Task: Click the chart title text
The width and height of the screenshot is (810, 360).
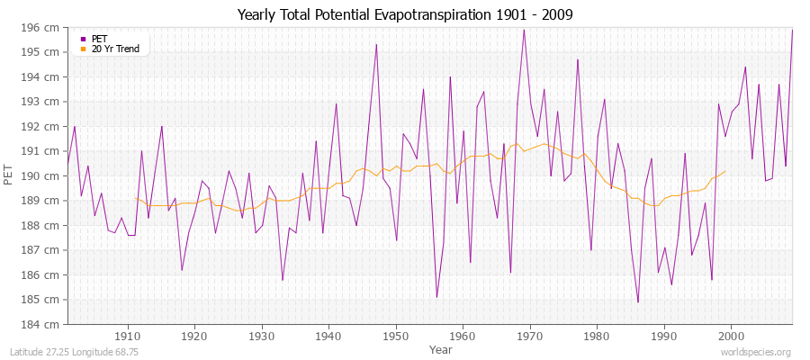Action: pyautogui.click(x=405, y=15)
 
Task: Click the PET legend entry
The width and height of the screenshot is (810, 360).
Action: pyautogui.click(x=99, y=39)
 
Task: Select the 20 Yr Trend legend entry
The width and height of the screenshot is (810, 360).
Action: pyautogui.click(x=115, y=49)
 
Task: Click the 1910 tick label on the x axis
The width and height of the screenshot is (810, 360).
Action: pyautogui.click(x=128, y=335)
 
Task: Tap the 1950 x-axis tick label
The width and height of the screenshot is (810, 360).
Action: pyautogui.click(x=396, y=335)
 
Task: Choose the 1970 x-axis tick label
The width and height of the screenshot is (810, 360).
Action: pyautogui.click(x=530, y=335)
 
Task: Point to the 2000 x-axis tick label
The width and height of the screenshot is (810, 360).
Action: pyautogui.click(x=731, y=335)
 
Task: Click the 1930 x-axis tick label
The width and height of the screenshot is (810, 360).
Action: pyautogui.click(x=262, y=335)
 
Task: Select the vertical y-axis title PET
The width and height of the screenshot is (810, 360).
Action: pyautogui.click(x=10, y=175)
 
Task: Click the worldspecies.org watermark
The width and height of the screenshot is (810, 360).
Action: pyautogui.click(x=755, y=351)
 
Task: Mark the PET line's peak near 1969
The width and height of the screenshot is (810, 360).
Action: pyautogui.click(x=524, y=30)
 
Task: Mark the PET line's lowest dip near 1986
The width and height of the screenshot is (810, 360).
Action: pyautogui.click(x=638, y=301)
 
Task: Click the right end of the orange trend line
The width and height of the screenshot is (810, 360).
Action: pyautogui.click(x=725, y=171)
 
